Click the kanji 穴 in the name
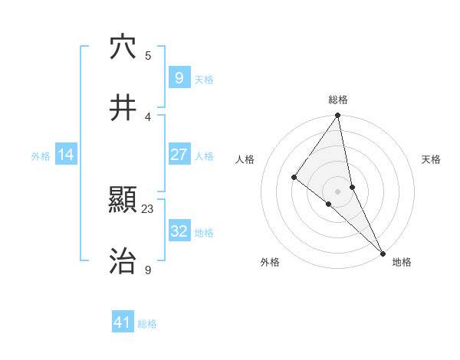click(x=123, y=47)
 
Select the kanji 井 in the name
click(x=123, y=108)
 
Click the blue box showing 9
click(x=179, y=78)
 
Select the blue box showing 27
click(x=179, y=155)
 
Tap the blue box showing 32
click(x=179, y=231)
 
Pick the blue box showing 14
click(x=66, y=155)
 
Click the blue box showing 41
click(x=123, y=322)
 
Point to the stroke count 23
click(x=148, y=208)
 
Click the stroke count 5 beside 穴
click(x=148, y=55)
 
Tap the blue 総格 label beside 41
click(x=147, y=324)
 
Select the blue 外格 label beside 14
click(x=41, y=155)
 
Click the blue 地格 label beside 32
click(x=204, y=232)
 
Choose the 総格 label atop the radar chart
click(x=338, y=100)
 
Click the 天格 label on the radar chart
click(x=432, y=159)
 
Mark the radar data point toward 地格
click(x=383, y=252)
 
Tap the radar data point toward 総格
click(x=338, y=116)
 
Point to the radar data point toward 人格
click(x=294, y=177)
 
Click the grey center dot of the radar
click(x=338, y=191)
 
